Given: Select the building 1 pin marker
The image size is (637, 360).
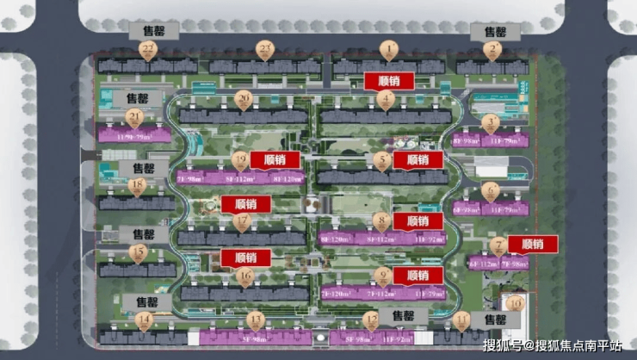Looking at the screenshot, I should click(x=389, y=49).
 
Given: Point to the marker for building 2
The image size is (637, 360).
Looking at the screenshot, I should click(x=492, y=50).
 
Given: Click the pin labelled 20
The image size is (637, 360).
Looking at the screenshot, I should click(x=244, y=100).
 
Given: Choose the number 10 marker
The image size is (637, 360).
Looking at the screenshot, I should click(x=515, y=302).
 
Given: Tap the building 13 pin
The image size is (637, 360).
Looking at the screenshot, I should click(x=255, y=320).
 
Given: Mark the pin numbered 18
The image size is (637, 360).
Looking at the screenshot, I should click(x=136, y=185).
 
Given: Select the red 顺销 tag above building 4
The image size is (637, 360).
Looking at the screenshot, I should click(x=389, y=80).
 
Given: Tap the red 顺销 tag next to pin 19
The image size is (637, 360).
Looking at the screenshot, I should click(x=275, y=159).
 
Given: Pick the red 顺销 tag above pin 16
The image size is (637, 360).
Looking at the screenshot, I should click(x=246, y=258).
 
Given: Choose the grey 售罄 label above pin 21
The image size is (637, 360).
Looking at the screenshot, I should click(x=142, y=98).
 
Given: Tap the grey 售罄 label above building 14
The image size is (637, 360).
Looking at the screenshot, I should click(x=141, y=301).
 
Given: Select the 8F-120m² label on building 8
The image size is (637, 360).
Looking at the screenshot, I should click(x=337, y=239).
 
